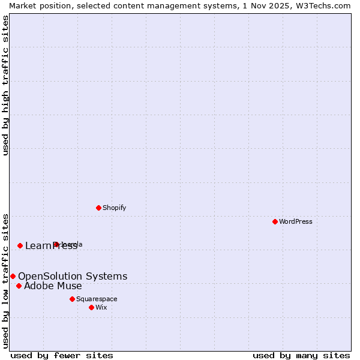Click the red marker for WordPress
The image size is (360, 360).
pos(275,221)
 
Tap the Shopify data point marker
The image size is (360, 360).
pos(98,208)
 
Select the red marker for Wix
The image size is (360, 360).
pos(91,307)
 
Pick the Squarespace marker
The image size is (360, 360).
pos(72,299)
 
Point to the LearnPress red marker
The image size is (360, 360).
pos(20,245)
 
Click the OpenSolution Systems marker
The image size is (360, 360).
pos(13,276)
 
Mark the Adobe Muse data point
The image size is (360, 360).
pos(19,286)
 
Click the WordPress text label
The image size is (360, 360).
pos(296,221)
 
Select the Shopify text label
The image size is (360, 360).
pos(114,208)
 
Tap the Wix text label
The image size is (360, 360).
pos(101,307)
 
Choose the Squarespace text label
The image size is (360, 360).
pos(97,299)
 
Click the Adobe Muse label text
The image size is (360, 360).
pos(53,286)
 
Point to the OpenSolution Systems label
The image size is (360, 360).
pos(73,276)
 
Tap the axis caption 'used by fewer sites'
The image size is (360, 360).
pos(62,355)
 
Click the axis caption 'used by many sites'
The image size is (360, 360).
pos(301,355)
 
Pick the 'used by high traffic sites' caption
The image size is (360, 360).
pos(5,85)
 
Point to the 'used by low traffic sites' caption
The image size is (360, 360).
pos(5,280)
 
